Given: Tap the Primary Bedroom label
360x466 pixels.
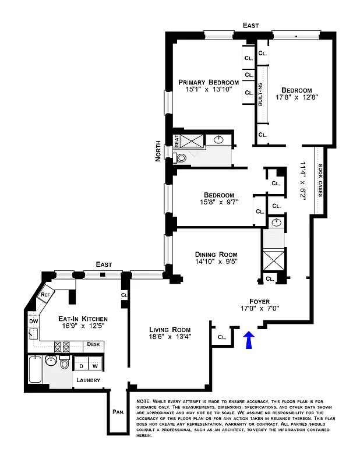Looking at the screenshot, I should [209, 82].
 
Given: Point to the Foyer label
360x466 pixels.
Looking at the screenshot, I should [260, 301].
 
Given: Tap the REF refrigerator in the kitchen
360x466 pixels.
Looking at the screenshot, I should [46, 295].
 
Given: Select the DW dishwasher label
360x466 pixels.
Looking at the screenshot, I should [33, 320].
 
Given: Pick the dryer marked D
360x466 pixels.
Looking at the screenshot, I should [80, 366].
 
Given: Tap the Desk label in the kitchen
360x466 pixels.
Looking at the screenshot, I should [93, 344].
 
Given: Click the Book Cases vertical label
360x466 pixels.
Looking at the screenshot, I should [320, 181].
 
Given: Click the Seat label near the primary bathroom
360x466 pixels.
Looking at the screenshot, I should [177, 140].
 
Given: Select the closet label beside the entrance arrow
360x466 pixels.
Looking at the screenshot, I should [222, 337].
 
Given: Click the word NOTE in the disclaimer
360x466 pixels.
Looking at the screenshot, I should [143, 401].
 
